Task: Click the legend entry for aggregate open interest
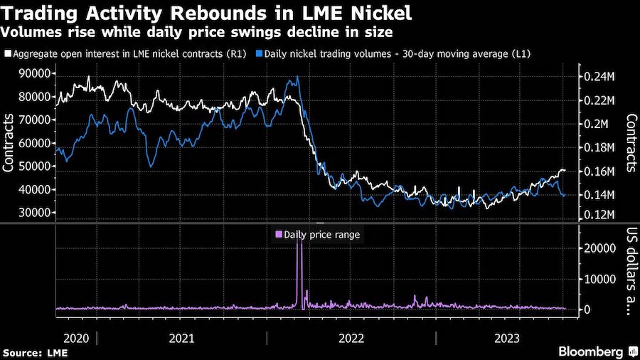point(128,53)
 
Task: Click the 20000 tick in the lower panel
point(599,248)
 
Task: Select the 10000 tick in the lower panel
point(599,279)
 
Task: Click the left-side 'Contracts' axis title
point(10,143)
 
